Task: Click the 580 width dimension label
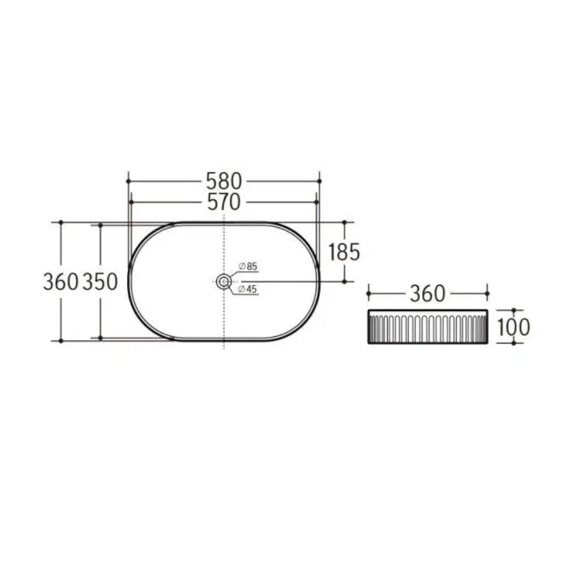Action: [224, 181]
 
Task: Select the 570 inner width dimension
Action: [224, 202]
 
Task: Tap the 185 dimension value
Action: [344, 252]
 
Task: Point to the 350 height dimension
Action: [100, 281]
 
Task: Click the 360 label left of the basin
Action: [61, 281]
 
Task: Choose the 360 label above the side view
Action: [428, 294]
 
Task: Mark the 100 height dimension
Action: [514, 327]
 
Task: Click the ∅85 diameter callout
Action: [248, 267]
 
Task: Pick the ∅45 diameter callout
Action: [248, 289]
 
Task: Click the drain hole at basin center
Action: [224, 281]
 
